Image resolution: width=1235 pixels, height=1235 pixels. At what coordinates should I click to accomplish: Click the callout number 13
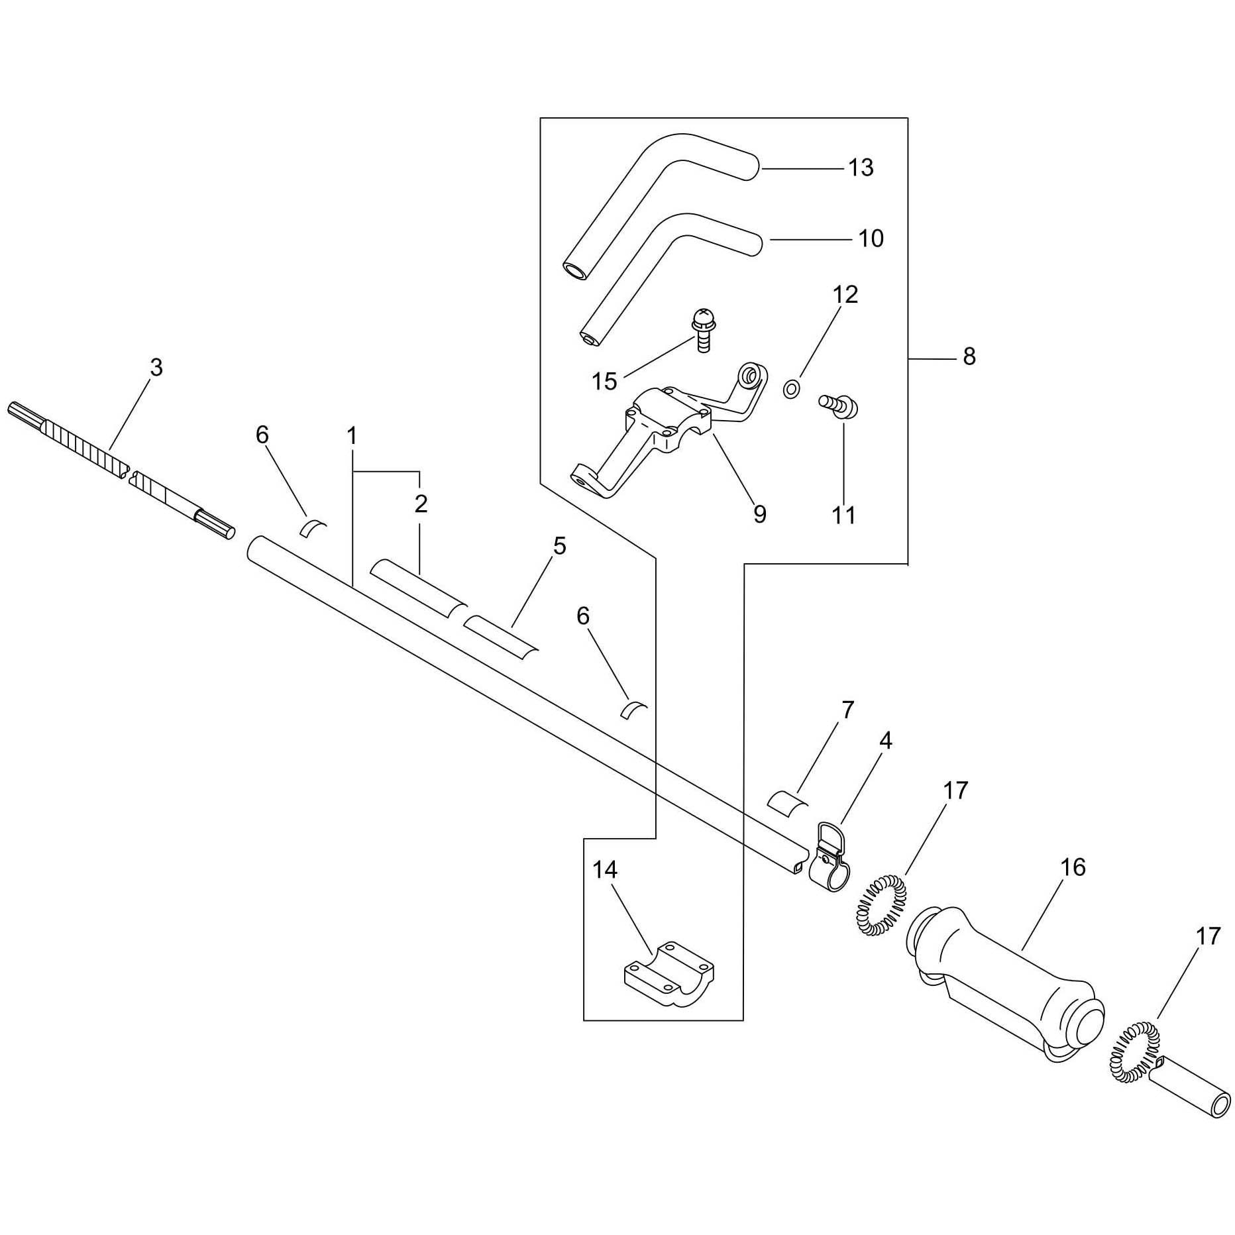point(861,168)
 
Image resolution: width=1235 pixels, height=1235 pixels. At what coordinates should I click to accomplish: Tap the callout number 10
point(871,239)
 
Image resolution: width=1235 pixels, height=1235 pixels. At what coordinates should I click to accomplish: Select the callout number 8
point(969,357)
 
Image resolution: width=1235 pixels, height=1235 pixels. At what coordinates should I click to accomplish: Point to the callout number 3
point(156,368)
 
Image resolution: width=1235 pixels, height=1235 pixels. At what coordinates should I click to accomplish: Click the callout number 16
point(1073,867)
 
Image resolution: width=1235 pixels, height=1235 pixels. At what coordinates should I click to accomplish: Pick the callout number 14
point(604,869)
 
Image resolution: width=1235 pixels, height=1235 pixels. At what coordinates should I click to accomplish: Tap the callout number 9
point(759,514)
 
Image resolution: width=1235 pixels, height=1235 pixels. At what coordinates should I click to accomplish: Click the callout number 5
point(560,547)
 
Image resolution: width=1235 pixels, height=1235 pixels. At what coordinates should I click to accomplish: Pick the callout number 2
point(421,505)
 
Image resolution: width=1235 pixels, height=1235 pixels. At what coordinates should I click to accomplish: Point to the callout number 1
point(352,437)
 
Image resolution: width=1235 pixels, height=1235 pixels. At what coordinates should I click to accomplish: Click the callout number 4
point(885,741)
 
